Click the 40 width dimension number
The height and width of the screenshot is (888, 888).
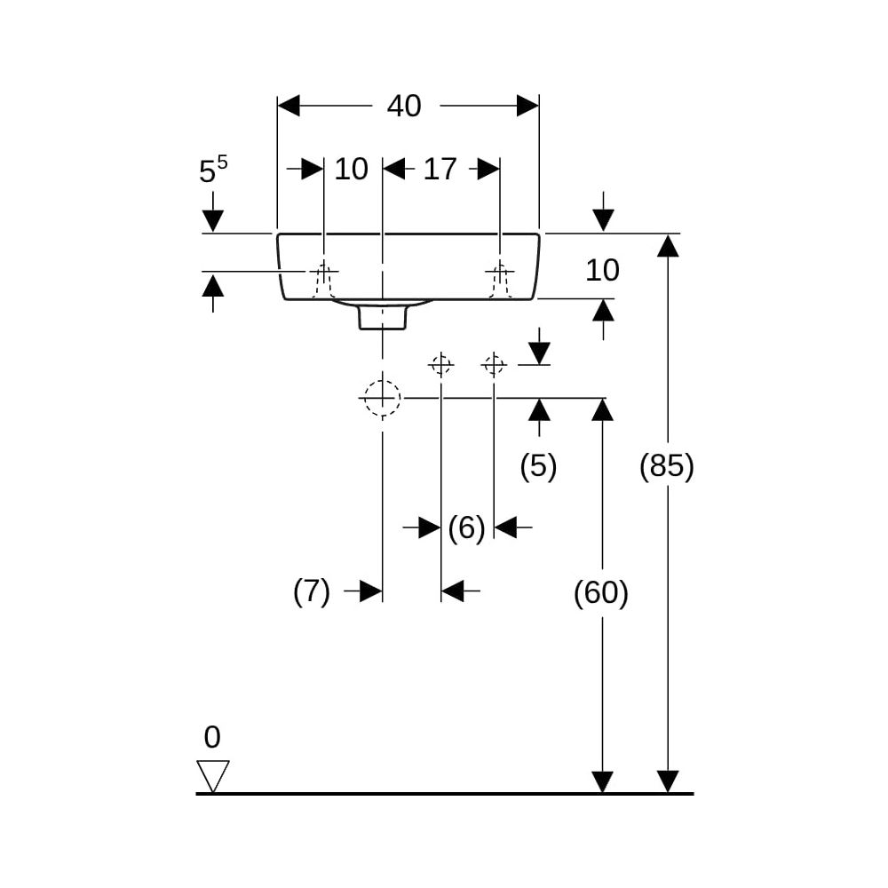click(404, 106)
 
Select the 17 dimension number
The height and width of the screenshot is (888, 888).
click(440, 169)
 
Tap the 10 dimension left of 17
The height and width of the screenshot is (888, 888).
click(351, 169)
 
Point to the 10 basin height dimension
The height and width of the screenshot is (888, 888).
click(602, 270)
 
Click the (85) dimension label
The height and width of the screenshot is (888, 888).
click(667, 466)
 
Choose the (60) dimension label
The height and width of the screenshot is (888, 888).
click(601, 593)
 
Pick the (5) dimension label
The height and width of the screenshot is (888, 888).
click(539, 466)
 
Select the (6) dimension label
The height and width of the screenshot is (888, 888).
click(467, 527)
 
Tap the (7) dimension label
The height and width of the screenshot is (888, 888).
click(312, 591)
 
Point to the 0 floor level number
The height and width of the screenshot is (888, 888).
click(212, 737)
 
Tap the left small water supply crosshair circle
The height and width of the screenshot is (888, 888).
click(440, 365)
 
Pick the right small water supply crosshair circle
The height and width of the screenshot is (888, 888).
click(494, 365)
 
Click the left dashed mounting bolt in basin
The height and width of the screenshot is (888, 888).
click(323, 281)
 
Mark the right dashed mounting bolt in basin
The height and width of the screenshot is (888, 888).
click(500, 281)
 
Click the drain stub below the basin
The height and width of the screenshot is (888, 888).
click(383, 317)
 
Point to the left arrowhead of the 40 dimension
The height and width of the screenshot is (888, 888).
click(289, 106)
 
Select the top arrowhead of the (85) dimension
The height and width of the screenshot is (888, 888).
click(669, 245)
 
